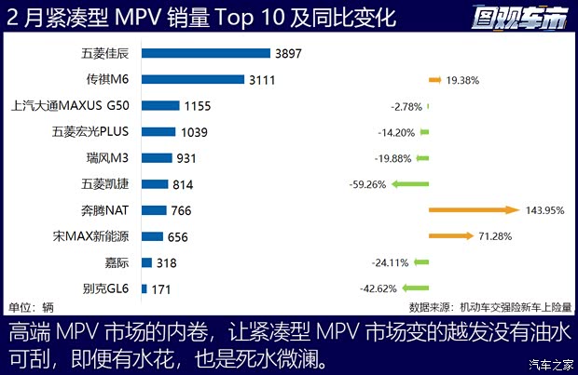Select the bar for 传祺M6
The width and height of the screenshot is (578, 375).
click(192, 80)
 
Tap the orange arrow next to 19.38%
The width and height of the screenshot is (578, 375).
click(435, 80)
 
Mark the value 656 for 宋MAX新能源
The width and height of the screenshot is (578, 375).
click(177, 237)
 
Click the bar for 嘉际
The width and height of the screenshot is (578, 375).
click(146, 263)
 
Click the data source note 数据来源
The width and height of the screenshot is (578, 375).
click(491, 307)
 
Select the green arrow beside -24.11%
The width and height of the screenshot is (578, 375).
click(420, 263)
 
